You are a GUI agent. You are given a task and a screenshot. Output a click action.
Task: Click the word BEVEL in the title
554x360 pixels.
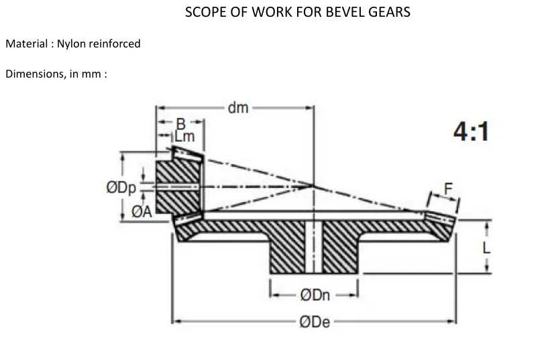(x=341, y=12)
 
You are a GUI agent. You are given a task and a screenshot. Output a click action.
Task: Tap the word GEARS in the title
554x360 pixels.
(x=388, y=12)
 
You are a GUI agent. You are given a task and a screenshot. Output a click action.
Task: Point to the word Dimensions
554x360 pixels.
(x=33, y=74)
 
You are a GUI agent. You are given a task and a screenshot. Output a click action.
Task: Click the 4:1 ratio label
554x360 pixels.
(x=471, y=132)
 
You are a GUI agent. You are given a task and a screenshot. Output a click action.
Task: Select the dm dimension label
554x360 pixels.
(x=237, y=107)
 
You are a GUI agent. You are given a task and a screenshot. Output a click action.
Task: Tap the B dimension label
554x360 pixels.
(x=180, y=123)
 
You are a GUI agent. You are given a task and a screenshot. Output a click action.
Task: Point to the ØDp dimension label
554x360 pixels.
(x=121, y=188)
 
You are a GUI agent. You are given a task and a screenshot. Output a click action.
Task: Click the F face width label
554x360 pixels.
(x=447, y=190)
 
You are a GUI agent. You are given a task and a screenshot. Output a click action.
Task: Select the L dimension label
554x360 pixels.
(x=487, y=247)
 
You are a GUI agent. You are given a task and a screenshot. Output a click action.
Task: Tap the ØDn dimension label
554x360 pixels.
(x=315, y=294)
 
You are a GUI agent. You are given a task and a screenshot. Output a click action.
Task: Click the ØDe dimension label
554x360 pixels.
(x=315, y=322)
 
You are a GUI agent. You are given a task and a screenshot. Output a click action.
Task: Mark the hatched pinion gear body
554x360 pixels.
(x=178, y=186)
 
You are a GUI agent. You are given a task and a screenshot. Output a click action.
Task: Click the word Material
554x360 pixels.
(x=25, y=44)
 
